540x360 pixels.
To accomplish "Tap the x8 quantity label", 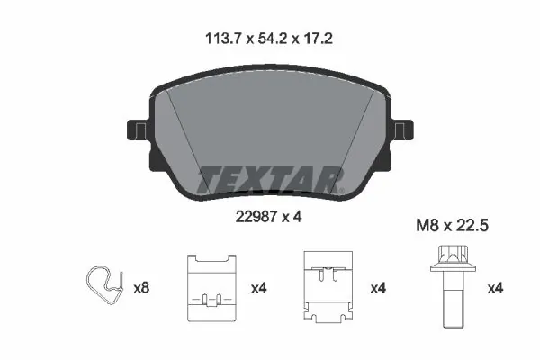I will pos(141,289).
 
